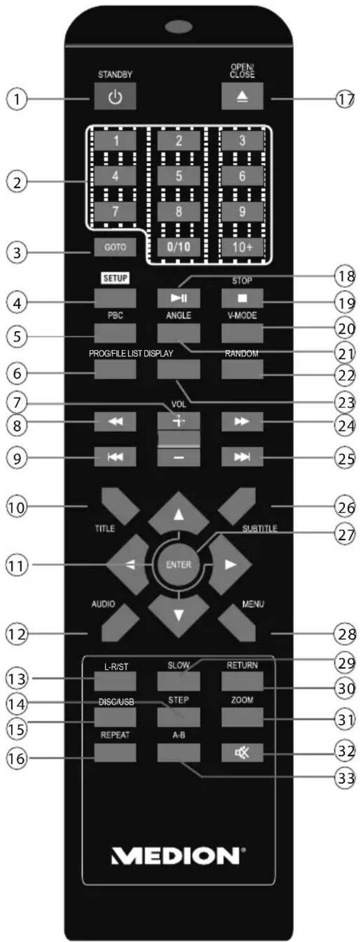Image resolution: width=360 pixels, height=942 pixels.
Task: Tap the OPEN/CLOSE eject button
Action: point(242,96)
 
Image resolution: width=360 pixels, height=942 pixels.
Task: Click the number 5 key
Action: point(179,175)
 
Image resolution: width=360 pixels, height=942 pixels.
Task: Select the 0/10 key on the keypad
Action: point(179,246)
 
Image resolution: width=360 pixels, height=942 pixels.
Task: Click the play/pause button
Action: point(179,298)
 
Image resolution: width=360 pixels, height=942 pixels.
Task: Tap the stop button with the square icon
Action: point(242,298)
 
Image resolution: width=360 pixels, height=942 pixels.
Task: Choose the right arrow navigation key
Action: point(230,564)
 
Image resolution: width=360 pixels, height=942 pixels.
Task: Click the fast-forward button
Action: point(242,421)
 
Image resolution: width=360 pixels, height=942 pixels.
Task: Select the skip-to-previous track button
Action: point(115,457)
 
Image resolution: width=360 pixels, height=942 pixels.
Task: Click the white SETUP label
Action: point(115,278)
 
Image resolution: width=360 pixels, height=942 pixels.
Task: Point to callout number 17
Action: point(345,99)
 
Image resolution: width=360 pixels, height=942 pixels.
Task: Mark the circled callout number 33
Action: point(345,778)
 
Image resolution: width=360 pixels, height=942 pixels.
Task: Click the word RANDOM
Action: point(242,354)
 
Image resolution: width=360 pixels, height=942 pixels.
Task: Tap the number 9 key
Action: point(242,211)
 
